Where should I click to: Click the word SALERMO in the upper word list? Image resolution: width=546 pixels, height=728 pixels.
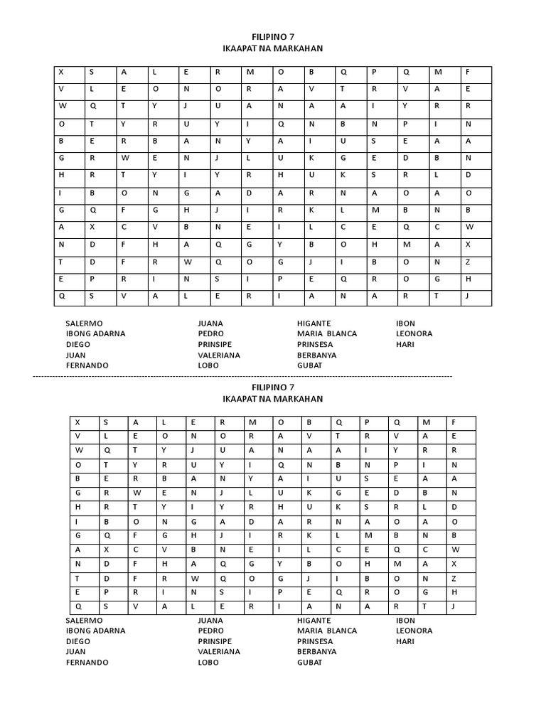(84, 323)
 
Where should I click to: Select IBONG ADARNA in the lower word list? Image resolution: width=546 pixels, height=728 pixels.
(95, 631)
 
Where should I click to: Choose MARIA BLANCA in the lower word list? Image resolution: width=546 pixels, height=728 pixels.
(327, 631)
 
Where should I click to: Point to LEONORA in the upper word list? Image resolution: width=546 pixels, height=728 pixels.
(414, 333)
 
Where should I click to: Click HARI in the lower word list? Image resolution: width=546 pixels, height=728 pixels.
(405, 641)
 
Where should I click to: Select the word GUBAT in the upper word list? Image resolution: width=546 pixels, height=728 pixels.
(309, 365)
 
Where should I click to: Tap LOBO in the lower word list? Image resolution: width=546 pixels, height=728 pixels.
(208, 663)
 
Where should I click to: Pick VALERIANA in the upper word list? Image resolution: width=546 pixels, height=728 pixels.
(219, 355)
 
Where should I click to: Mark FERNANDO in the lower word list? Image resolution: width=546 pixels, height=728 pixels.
(87, 663)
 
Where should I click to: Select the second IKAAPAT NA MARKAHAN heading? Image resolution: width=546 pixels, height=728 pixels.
(272, 399)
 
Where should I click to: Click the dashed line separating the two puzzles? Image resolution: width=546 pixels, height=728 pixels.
(242, 375)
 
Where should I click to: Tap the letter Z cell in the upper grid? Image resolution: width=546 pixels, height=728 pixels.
(468, 262)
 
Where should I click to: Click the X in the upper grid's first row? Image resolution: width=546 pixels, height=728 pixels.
(61, 72)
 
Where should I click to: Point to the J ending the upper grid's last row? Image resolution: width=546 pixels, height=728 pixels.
(468, 296)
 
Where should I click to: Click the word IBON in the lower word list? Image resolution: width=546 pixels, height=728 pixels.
(405, 620)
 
